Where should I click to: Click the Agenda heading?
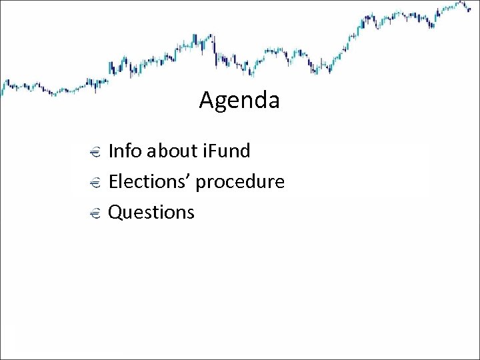(x=239, y=101)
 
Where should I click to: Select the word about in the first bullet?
(x=169, y=151)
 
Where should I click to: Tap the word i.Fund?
(x=225, y=151)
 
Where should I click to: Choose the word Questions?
(x=151, y=213)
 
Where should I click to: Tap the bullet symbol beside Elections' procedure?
(x=93, y=183)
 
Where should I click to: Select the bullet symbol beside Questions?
(x=93, y=213)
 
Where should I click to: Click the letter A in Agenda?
(x=205, y=101)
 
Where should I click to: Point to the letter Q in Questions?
(x=115, y=213)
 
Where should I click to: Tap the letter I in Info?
(x=110, y=151)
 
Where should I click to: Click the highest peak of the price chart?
(x=461, y=3)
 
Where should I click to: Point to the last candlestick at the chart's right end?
(x=469, y=9)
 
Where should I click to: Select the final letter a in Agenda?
(x=273, y=102)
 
